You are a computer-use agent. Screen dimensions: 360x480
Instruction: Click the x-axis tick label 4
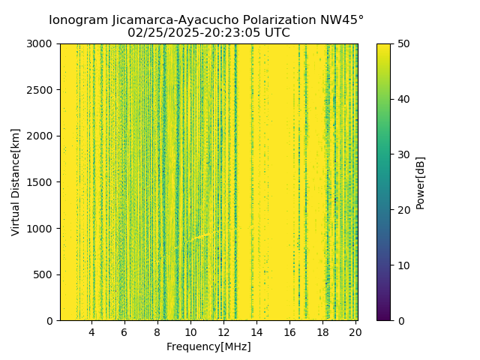91,332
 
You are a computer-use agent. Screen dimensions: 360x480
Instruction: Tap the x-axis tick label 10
190,332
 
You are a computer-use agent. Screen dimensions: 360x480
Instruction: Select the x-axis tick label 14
256,332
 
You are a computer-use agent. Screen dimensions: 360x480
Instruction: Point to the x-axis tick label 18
322,332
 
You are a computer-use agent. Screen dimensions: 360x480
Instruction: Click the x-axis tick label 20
355,332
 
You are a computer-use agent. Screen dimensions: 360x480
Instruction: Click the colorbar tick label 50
403,44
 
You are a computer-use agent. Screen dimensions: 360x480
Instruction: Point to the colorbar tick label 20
403,210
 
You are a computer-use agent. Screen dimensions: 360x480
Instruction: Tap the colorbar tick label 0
400,320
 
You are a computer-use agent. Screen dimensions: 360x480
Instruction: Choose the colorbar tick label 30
403,154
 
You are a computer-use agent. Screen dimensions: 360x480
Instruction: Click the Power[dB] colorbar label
421,182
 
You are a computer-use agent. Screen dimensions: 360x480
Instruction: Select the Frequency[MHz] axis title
208,346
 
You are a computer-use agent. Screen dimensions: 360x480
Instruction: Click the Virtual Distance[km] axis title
16,182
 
